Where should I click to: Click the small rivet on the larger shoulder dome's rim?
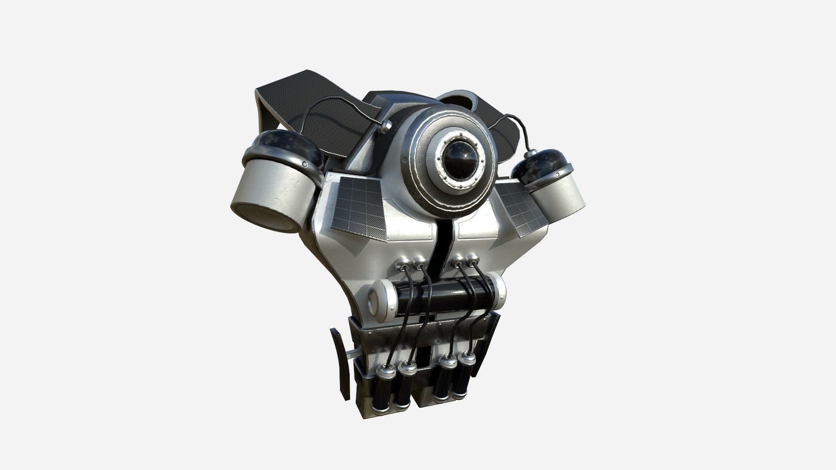point(305,164)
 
